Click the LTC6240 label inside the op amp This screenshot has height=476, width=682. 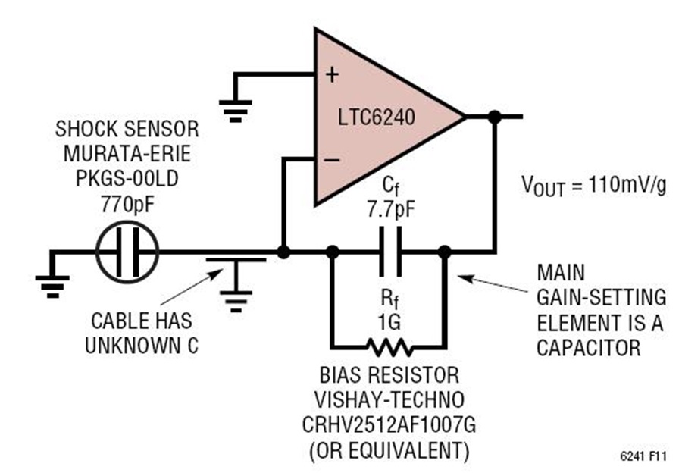377,117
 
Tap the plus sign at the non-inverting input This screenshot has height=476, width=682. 333,75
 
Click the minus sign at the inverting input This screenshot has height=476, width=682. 332,161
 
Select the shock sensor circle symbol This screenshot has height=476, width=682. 127,252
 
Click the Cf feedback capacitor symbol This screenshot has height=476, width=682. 390,252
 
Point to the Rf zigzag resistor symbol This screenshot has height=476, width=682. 389,347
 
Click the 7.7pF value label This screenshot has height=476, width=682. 391,210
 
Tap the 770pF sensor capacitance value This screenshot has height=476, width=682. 127,205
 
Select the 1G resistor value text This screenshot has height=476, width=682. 389,323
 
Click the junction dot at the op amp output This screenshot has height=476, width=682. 495,117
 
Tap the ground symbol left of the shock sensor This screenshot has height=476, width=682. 52,286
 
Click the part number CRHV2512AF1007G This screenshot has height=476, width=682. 389,425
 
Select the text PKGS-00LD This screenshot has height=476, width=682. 127,179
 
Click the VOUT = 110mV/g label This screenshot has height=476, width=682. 593,186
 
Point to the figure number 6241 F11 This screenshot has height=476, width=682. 643,456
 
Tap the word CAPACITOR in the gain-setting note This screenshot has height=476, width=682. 589,348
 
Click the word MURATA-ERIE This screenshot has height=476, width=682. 127,154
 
